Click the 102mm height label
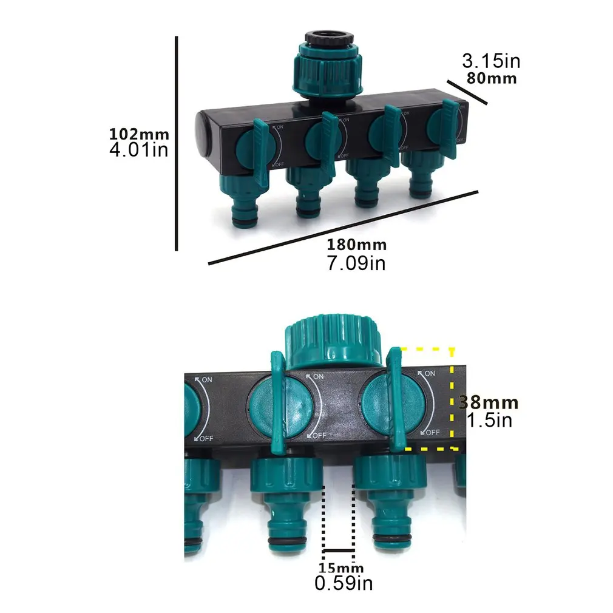click(139, 134)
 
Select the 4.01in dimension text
click(138, 150)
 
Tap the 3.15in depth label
click(491, 61)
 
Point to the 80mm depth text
click(491, 78)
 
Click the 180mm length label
click(356, 245)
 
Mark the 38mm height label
click(489, 402)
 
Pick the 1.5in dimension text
click(489, 420)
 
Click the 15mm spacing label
click(340, 568)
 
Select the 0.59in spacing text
click(344, 584)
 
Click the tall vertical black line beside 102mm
click(176, 143)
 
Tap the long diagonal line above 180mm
click(343, 228)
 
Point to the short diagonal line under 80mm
click(467, 92)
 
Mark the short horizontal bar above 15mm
click(339, 551)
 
